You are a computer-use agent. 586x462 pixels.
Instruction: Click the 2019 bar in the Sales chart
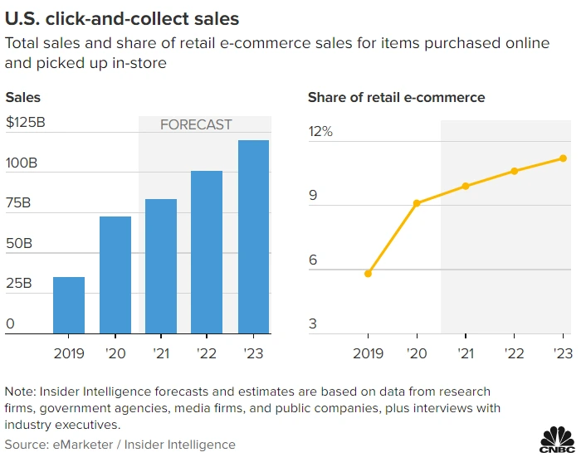click(x=69, y=304)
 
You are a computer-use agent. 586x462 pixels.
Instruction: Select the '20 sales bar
click(x=115, y=275)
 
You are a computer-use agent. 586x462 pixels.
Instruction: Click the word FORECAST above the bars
click(x=196, y=124)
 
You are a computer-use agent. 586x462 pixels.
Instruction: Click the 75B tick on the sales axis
click(x=21, y=203)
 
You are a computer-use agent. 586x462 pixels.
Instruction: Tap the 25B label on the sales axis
click(x=21, y=283)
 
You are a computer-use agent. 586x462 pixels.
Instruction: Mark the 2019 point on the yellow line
click(x=368, y=273)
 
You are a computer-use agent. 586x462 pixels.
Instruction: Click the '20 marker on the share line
click(x=417, y=203)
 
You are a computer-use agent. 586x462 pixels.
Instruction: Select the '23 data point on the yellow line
click(x=563, y=158)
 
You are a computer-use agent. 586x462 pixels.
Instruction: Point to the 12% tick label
click(x=320, y=132)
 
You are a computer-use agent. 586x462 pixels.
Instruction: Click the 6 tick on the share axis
click(x=313, y=260)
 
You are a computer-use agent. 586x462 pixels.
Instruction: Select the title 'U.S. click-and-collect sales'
click(x=121, y=17)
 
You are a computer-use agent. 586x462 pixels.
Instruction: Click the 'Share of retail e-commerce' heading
click(x=396, y=98)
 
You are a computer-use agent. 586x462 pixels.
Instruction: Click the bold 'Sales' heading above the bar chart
click(x=23, y=98)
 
